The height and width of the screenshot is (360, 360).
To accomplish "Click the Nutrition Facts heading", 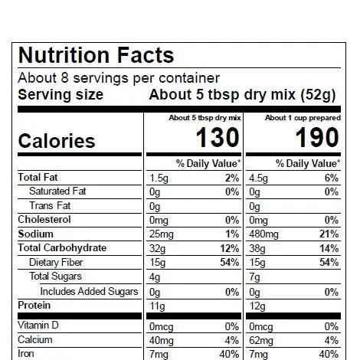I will click(x=96, y=56).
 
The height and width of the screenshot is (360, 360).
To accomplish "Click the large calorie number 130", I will click(x=218, y=138).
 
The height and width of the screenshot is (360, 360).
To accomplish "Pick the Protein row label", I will click(x=34, y=306).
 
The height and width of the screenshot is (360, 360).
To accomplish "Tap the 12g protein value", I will click(x=258, y=306).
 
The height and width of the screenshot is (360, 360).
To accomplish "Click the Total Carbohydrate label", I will click(x=62, y=248).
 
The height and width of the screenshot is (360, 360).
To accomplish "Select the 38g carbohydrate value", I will click(x=257, y=248).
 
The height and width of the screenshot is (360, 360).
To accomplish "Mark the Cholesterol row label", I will click(x=44, y=220).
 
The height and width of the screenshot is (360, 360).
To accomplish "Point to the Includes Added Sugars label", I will click(x=89, y=291).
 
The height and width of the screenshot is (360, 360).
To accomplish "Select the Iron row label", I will click(x=27, y=354).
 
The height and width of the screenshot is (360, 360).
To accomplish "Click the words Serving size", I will click(x=61, y=95).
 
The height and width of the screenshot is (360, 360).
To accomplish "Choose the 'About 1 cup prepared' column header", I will click(x=302, y=119).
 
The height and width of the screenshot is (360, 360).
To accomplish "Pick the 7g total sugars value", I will click(x=254, y=277).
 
